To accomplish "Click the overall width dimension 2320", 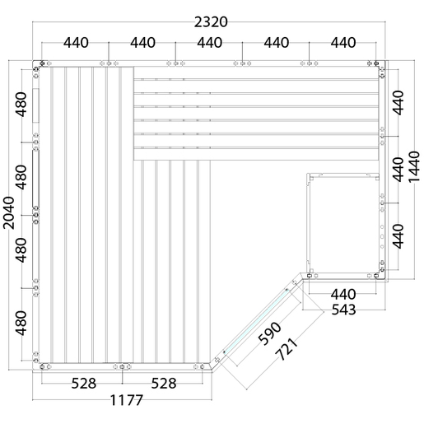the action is [211, 22].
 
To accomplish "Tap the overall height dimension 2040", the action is [8, 212].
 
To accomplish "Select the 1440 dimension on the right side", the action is [414, 166].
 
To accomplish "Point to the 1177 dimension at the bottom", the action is [127, 400].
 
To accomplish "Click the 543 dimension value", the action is [343, 310].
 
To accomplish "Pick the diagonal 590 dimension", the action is [270, 333].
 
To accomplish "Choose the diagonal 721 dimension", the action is [287, 349].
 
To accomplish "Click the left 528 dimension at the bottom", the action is [84, 384].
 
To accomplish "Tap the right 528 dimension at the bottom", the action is [164, 384].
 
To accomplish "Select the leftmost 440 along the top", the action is [76, 43].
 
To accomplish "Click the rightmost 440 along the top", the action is [343, 43].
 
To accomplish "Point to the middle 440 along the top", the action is [210, 43].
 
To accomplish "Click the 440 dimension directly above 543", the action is [343, 295].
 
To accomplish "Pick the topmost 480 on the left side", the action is [21, 105].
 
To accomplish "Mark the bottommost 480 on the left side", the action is [21, 323].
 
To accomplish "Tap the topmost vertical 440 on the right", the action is [398, 103].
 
